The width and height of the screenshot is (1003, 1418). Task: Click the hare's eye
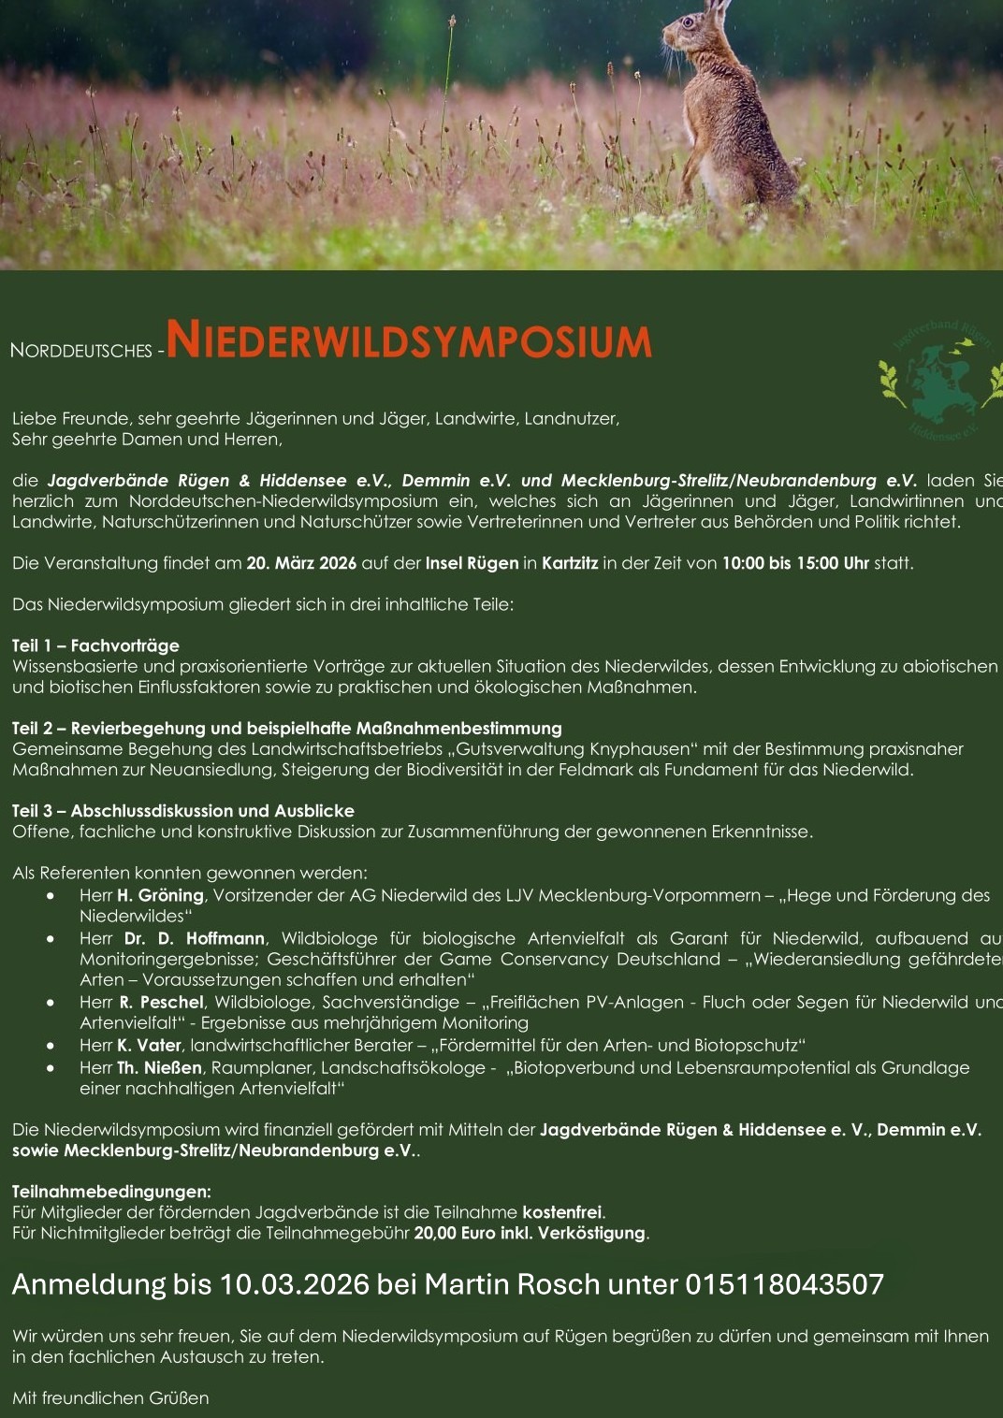point(690,21)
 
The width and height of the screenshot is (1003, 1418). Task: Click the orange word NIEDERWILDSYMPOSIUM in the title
point(408,340)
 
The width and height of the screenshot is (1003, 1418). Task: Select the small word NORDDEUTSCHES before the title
point(80,351)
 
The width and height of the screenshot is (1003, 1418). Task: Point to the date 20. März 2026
point(301,563)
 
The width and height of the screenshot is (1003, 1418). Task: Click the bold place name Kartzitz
point(570,563)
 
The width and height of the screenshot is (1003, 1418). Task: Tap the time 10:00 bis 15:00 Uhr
point(795,563)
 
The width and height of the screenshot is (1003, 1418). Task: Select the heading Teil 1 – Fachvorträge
point(95,645)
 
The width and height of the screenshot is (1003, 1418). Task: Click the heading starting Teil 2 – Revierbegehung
point(287,728)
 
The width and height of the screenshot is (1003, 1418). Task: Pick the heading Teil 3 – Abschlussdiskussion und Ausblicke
point(183,810)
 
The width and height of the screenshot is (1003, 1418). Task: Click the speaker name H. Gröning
point(161,895)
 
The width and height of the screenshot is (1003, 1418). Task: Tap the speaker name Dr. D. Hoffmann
point(195,938)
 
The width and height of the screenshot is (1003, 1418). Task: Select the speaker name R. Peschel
point(161,1002)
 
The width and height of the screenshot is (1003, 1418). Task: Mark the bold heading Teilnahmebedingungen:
point(111,1192)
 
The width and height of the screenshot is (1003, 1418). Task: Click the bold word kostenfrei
point(561,1212)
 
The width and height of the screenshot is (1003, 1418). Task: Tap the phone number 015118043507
point(784,1284)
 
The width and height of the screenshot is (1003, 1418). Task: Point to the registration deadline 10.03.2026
point(295,1284)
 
